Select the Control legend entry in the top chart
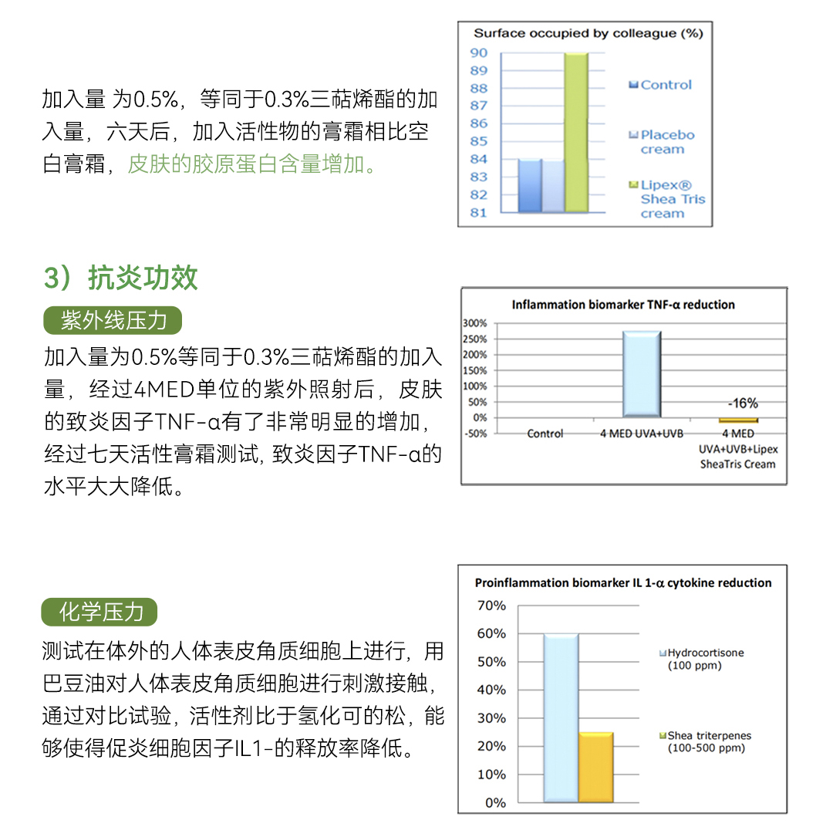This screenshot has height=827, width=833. [661, 85]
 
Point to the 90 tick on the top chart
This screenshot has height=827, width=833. [479, 52]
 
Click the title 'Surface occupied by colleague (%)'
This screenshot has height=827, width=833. [588, 33]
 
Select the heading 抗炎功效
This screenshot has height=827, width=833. [121, 278]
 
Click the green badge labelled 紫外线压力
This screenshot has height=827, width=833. [114, 320]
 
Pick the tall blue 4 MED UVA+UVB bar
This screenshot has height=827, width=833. [642, 374]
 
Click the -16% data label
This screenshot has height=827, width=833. [743, 403]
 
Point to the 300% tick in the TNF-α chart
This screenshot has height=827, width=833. [475, 323]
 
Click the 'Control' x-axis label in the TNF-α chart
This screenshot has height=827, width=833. [545, 434]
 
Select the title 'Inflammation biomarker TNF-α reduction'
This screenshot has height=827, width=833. [623, 305]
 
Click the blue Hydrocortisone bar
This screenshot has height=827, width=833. [561, 718]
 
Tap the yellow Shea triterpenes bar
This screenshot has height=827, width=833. [595, 768]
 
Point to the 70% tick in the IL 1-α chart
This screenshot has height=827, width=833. [491, 606]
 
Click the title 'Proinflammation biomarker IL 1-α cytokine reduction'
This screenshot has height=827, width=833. [622, 583]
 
